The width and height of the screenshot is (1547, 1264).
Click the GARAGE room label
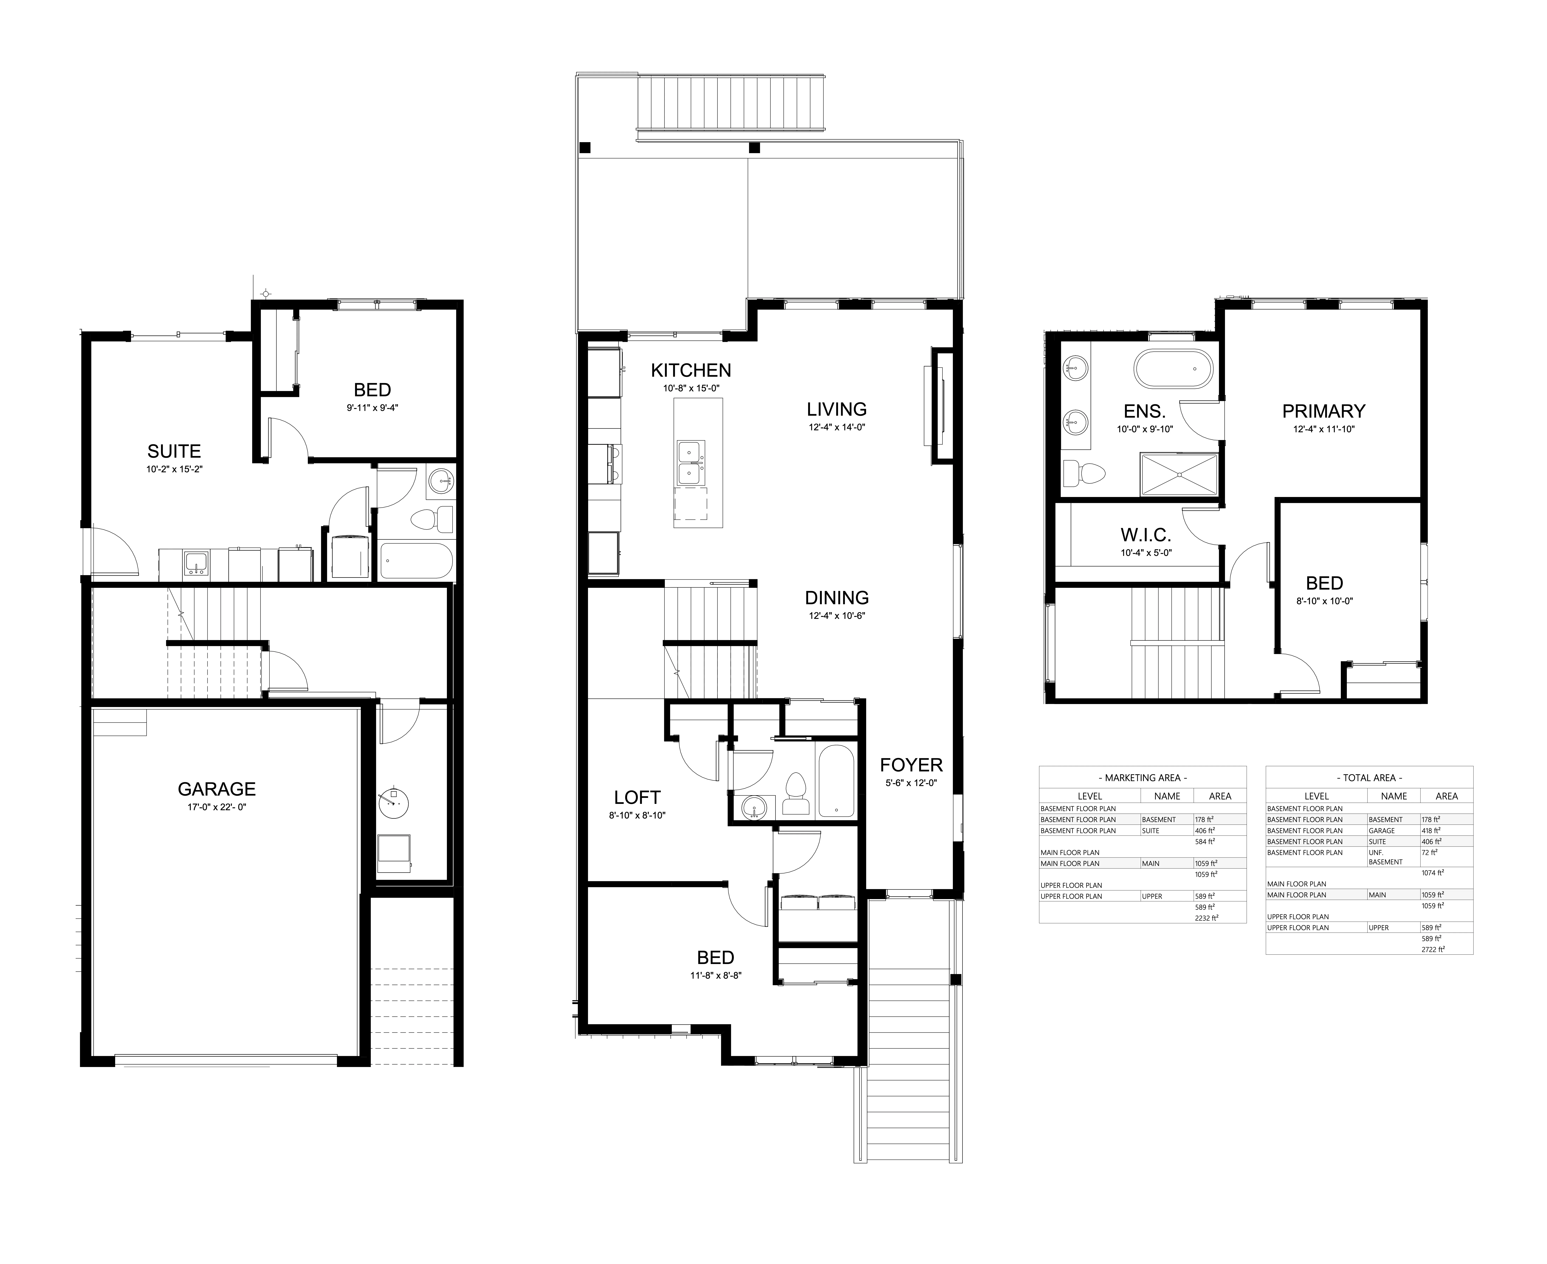[216, 789]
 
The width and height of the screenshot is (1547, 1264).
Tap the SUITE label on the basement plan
[174, 451]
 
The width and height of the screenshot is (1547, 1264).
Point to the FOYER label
[911, 765]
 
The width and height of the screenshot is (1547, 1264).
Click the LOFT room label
[637, 797]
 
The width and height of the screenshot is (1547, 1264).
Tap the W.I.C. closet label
[1145, 536]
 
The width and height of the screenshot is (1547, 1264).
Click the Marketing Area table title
[1142, 778]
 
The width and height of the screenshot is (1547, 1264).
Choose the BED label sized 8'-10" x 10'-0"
[1324, 583]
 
